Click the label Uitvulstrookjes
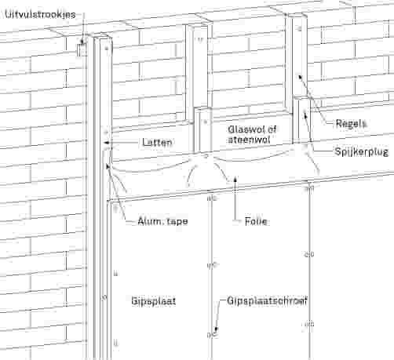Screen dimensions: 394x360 pyautogui.click(x=40, y=14)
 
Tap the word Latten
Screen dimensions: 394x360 pyautogui.click(x=157, y=143)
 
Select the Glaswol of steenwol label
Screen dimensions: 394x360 pyautogui.click(x=252, y=134)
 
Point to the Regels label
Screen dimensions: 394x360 pyautogui.click(x=351, y=123)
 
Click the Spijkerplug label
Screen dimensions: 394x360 pyautogui.click(x=362, y=152)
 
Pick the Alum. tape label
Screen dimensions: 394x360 pyautogui.click(x=162, y=221)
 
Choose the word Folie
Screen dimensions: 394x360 pyautogui.click(x=256, y=222)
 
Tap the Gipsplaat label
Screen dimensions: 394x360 pyautogui.click(x=154, y=301)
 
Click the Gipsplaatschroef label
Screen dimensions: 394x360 pyautogui.click(x=267, y=301)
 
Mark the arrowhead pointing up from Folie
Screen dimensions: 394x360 pyautogui.click(x=235, y=179)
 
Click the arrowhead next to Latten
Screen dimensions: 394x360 pyautogui.click(x=106, y=143)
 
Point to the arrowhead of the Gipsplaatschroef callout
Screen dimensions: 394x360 pyautogui.click(x=216, y=330)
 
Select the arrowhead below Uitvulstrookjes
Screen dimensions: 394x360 pyautogui.click(x=82, y=42)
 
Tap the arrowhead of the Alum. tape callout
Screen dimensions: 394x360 pyautogui.click(x=108, y=166)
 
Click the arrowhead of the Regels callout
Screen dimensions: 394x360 pyautogui.click(x=301, y=77)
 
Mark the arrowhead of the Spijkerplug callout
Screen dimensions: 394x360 pyautogui.click(x=305, y=114)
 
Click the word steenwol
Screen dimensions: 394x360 pyautogui.click(x=249, y=140)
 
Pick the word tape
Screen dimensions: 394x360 pyautogui.click(x=177, y=222)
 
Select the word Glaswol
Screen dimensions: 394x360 pyautogui.click(x=244, y=129)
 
